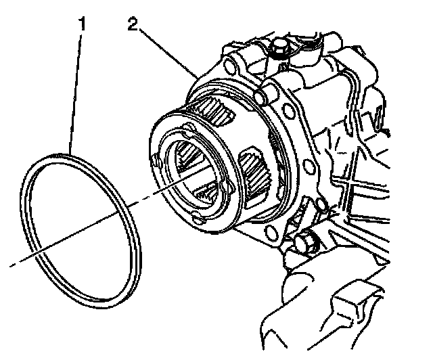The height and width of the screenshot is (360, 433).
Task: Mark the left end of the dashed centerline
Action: [x=11, y=265]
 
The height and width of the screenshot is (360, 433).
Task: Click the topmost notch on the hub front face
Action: [x=185, y=125]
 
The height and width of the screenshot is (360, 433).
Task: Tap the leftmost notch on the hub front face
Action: [x=156, y=160]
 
